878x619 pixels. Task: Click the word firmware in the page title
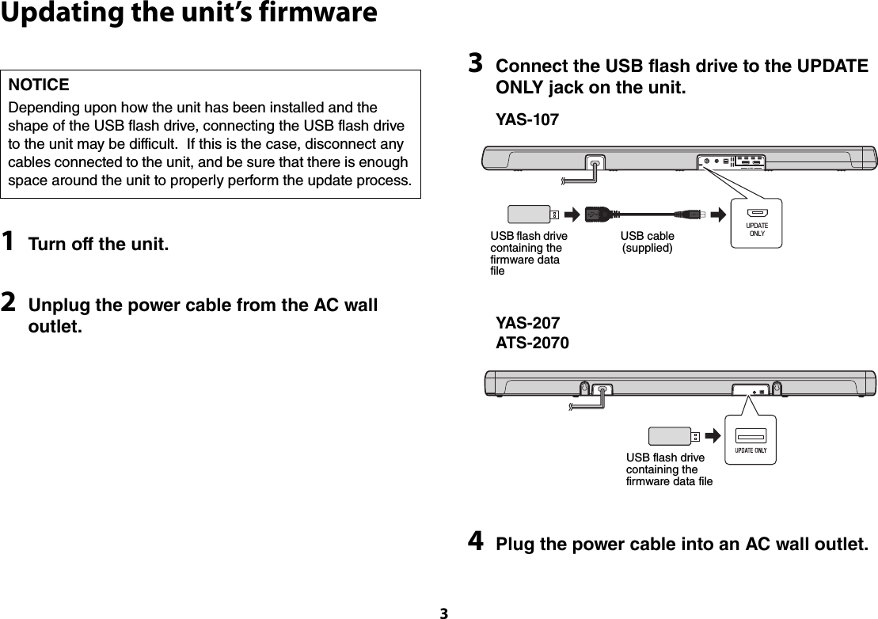tap(311, 13)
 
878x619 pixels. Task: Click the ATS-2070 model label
tap(531, 344)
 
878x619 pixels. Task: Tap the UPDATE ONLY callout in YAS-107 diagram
tap(758, 222)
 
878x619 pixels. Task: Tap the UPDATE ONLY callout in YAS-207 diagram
tap(748, 440)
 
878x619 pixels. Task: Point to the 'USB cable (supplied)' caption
tap(648, 242)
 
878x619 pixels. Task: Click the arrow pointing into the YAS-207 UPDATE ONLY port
tap(713, 436)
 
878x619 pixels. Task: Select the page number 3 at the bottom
tap(443, 613)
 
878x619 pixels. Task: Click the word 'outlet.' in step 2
tap(55, 326)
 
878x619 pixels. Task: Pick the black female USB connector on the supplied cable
tap(602, 214)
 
